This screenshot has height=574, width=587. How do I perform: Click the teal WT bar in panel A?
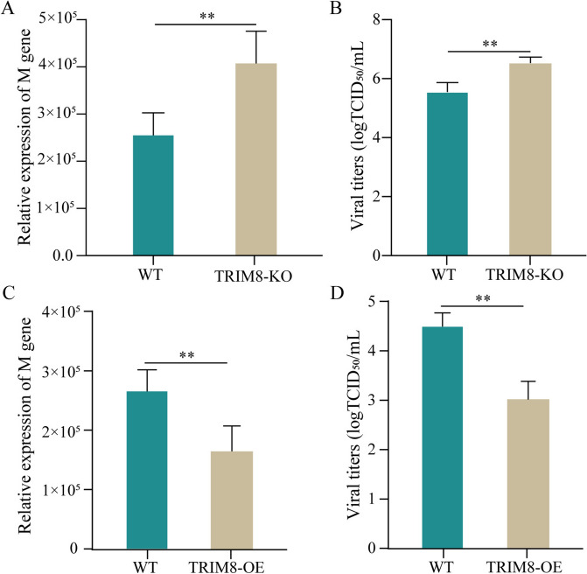point(153,195)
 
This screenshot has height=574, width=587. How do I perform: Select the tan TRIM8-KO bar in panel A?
point(256,159)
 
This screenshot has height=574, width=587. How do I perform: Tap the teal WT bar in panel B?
point(447,174)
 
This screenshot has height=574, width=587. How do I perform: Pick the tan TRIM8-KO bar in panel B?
point(530,159)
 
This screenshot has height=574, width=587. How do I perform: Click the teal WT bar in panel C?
point(147,470)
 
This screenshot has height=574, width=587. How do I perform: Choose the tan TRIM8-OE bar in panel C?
point(232,500)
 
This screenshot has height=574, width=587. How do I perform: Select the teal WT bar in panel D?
point(442,437)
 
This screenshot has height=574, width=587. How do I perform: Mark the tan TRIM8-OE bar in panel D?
point(528,473)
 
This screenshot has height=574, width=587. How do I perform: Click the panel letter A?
point(8,8)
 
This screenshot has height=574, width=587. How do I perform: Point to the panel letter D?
point(337,293)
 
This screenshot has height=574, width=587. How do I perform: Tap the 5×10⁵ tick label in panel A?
point(58,18)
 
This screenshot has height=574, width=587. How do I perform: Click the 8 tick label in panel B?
point(377,19)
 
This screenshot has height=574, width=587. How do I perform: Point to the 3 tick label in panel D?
point(372,400)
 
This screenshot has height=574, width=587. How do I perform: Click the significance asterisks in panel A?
point(207,16)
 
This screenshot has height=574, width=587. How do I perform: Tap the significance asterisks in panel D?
point(483,298)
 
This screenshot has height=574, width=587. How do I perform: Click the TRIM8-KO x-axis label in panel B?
point(525,275)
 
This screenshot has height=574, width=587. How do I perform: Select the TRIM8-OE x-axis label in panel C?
point(226,567)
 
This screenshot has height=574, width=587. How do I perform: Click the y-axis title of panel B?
point(356,135)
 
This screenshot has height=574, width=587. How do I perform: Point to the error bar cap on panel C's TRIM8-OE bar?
point(232,426)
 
